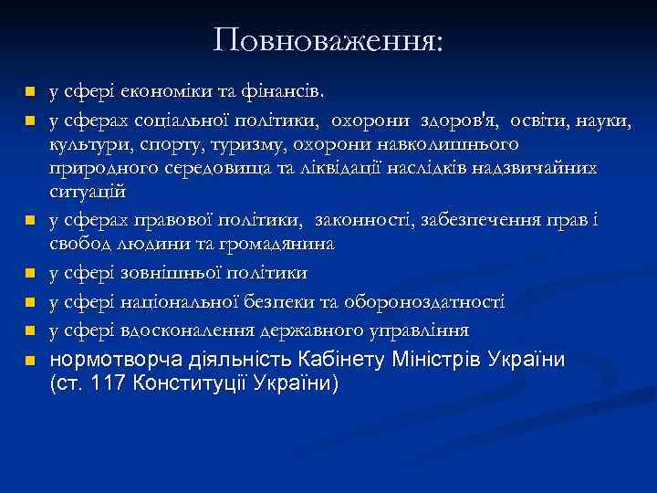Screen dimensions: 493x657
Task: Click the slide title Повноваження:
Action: pos(328,40)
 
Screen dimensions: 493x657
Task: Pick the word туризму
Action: pos(240,144)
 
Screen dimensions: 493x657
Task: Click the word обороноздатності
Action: pos(430,301)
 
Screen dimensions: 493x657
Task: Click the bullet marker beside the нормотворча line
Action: pos(29,361)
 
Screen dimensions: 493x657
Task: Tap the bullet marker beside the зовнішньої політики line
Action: pos(29,274)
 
